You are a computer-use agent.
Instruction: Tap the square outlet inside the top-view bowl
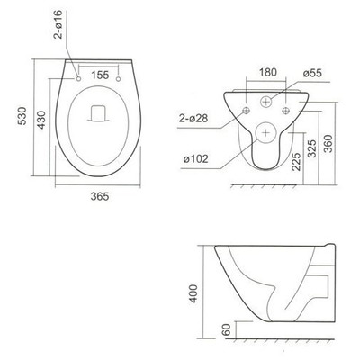[99, 114]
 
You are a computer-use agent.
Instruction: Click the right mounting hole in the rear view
[286, 110]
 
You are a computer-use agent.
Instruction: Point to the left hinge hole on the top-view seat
[79, 79]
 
